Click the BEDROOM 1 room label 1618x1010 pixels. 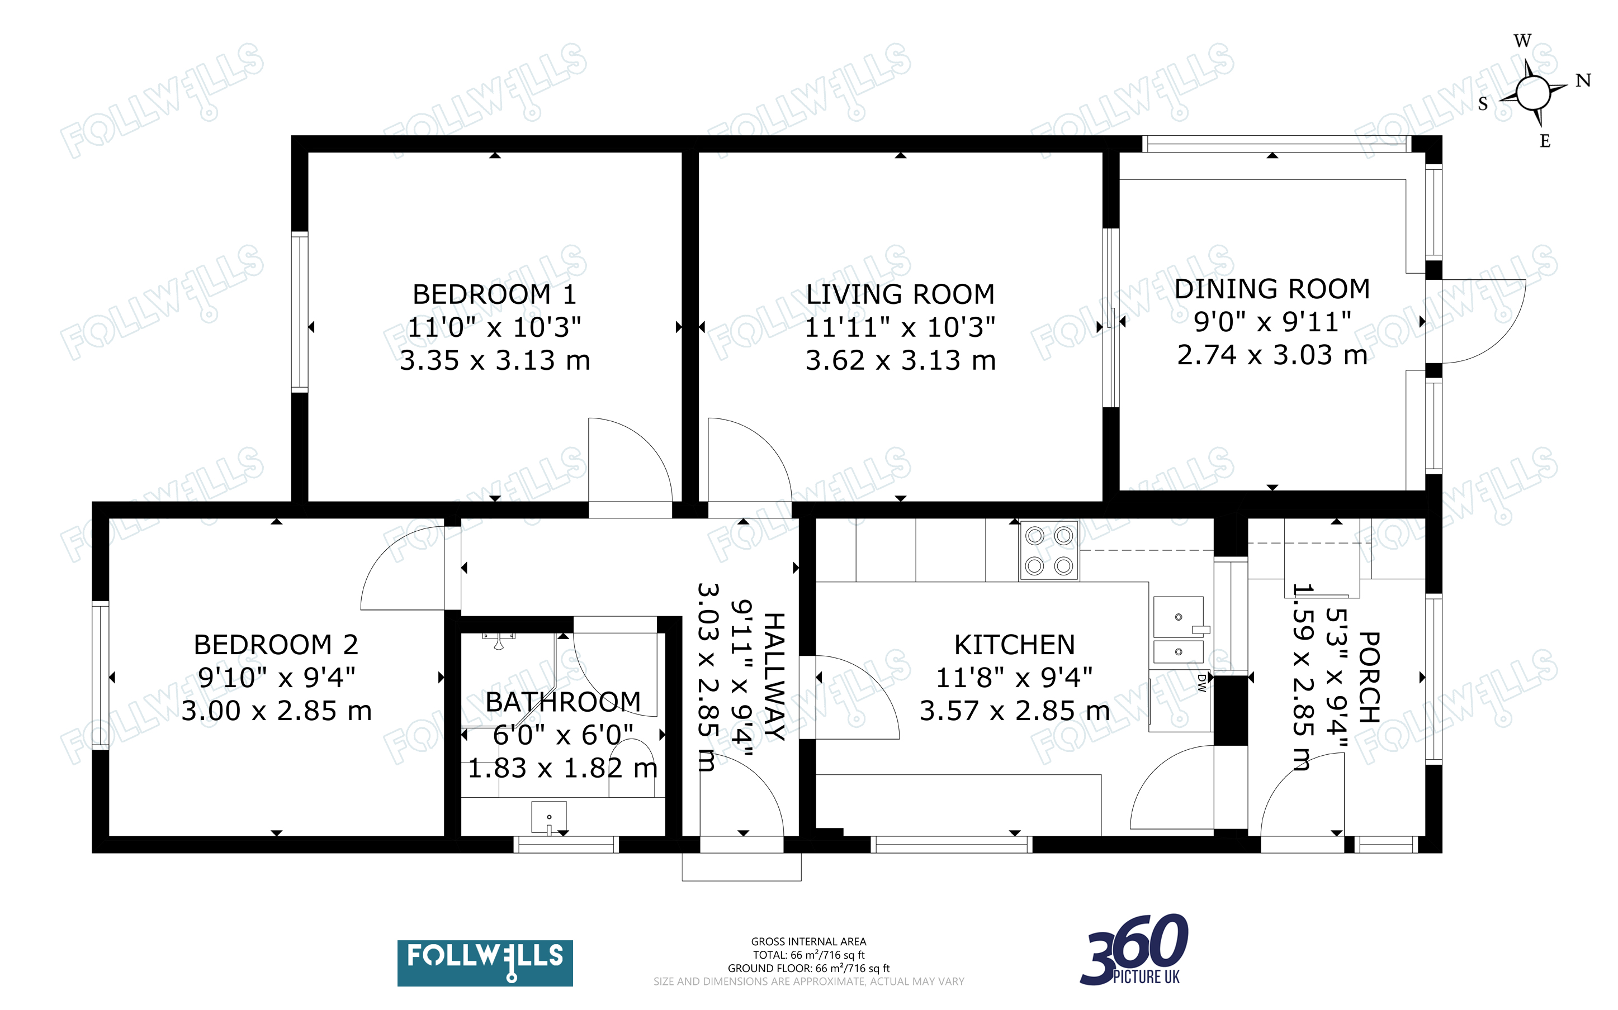point(495,294)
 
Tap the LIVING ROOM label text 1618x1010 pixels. point(900,294)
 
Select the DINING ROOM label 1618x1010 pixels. point(1272,289)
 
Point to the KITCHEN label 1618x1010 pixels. point(1015,645)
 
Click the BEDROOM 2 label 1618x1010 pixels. point(276,645)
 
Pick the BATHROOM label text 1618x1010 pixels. point(563,702)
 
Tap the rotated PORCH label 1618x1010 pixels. point(1369,678)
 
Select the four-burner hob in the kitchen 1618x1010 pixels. point(1049,550)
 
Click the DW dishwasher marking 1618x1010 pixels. point(1201,682)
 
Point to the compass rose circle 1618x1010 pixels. point(1533,92)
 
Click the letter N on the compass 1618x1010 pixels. point(1583,81)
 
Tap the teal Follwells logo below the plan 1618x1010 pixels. point(485,963)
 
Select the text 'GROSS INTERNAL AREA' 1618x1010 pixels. point(808,942)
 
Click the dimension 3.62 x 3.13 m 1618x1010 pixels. point(900,360)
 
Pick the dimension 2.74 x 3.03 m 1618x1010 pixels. point(1272,355)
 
